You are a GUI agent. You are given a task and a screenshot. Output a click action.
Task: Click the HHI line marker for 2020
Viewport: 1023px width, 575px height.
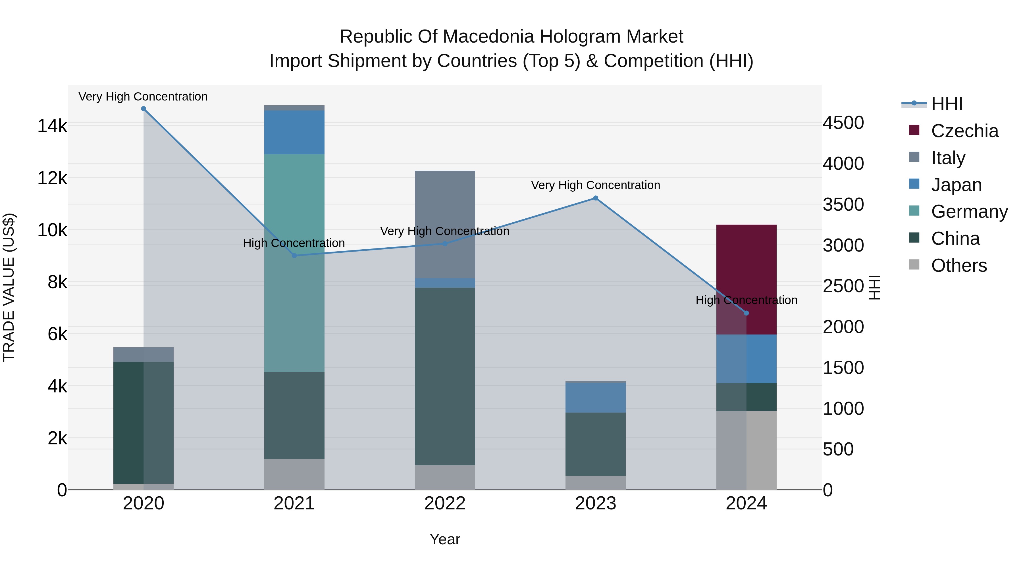[144, 109]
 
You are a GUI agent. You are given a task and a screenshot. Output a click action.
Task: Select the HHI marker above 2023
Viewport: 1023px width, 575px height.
[595, 198]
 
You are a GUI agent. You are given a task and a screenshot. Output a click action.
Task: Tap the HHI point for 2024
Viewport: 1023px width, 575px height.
[746, 313]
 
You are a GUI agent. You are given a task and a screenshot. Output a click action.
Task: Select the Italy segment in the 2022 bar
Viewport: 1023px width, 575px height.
[445, 224]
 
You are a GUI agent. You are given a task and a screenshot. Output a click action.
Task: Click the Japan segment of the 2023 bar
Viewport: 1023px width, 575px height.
[595, 397]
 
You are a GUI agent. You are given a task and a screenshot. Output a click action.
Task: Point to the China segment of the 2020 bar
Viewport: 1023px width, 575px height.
[144, 422]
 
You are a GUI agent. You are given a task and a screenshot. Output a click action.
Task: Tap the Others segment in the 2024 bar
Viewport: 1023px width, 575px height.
[746, 450]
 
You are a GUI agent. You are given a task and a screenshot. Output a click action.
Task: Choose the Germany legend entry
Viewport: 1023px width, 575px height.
[969, 212]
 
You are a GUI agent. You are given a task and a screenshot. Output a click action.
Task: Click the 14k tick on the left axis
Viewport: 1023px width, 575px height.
[52, 126]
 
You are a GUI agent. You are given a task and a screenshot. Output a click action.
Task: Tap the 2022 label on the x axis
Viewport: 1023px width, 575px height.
[445, 503]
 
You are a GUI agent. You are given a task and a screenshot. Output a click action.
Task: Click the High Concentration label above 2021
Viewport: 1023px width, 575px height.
[294, 243]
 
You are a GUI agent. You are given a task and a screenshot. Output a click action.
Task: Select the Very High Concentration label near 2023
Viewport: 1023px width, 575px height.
[595, 185]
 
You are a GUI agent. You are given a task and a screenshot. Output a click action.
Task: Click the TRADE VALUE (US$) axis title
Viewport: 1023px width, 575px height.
[9, 287]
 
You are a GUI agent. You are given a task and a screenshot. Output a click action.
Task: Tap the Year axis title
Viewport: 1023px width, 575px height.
[445, 539]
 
